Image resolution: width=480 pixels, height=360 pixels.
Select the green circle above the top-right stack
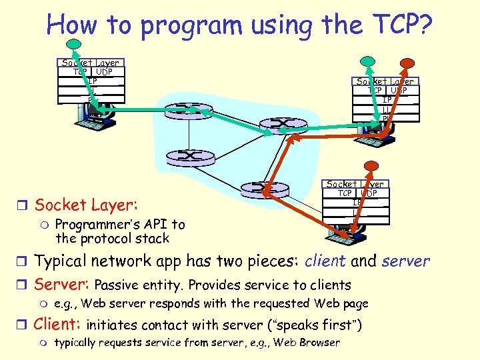coord(365,61)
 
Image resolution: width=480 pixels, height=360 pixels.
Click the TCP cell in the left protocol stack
coord(80,71)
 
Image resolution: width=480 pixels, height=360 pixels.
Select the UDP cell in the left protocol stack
coord(104,71)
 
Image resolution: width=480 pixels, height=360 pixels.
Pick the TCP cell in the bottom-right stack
coord(344,193)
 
